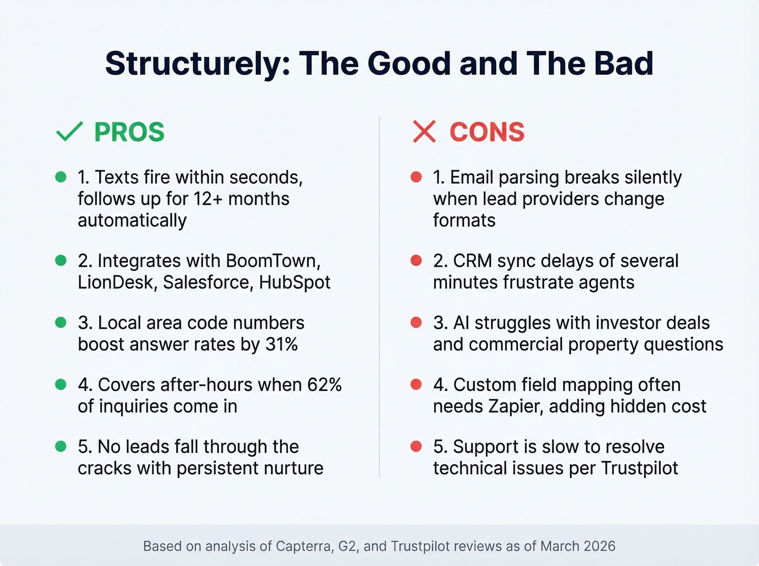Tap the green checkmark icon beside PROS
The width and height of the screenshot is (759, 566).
[69, 132]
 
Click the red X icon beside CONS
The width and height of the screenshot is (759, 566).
[424, 132]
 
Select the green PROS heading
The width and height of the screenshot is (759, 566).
[129, 132]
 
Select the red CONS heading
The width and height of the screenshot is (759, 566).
[487, 132]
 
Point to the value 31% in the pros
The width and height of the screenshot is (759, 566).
[281, 344]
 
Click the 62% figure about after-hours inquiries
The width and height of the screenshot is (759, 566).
[324, 385]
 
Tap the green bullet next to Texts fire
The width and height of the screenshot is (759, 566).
[61, 177]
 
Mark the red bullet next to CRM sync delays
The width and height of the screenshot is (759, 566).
[416, 261]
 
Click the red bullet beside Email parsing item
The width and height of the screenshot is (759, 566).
[416, 177]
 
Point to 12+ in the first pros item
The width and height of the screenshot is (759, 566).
[208, 199]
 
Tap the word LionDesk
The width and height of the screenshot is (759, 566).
[115, 283]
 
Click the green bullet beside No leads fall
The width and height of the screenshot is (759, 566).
[61, 446]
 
